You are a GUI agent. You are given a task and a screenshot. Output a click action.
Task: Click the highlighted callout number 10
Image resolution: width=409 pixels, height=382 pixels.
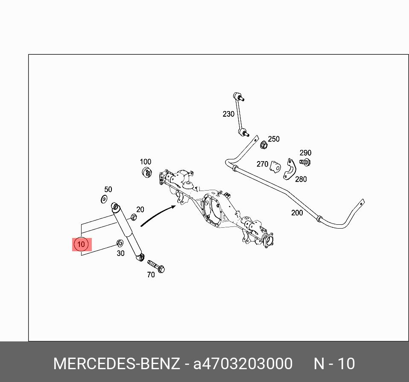[x=81, y=244]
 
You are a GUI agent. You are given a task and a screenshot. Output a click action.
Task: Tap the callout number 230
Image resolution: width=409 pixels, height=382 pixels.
[x=228, y=114]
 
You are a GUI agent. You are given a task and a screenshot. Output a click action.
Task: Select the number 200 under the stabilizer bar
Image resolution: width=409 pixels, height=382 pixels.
[x=297, y=213]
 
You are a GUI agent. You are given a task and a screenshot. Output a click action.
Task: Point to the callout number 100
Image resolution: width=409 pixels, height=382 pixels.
[x=146, y=162]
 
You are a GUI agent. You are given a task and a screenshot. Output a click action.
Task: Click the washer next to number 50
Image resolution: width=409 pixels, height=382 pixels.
[x=104, y=199]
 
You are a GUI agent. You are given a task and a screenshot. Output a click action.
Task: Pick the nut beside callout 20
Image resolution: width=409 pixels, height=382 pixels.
[x=133, y=217]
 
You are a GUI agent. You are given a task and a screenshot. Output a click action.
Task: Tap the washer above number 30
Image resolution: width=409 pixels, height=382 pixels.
[x=120, y=244]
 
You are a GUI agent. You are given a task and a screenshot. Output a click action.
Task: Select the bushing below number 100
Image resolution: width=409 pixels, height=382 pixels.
[x=146, y=173]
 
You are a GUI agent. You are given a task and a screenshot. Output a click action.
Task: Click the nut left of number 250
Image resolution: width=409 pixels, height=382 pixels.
[x=264, y=145]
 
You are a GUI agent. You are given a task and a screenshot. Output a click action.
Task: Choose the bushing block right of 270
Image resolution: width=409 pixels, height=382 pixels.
[x=276, y=166]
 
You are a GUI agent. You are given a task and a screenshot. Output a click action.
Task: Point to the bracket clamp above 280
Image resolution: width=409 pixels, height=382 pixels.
[x=289, y=169]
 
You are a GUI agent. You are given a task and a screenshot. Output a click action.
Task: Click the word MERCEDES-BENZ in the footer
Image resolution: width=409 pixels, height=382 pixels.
[x=116, y=364]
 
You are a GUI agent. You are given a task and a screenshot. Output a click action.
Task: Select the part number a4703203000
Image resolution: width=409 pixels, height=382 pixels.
[x=243, y=364]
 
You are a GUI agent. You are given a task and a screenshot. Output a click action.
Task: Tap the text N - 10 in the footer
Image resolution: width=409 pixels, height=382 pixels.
[x=334, y=364]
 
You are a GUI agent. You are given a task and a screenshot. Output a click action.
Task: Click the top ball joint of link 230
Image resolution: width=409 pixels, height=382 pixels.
[x=238, y=96]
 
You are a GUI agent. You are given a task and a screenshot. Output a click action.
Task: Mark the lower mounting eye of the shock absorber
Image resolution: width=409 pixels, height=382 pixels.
[x=141, y=258]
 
